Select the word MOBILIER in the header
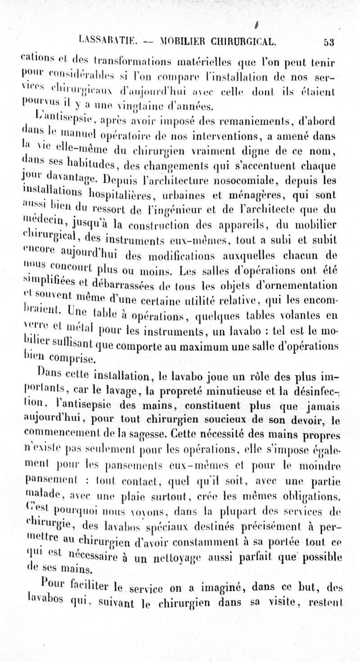179,42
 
